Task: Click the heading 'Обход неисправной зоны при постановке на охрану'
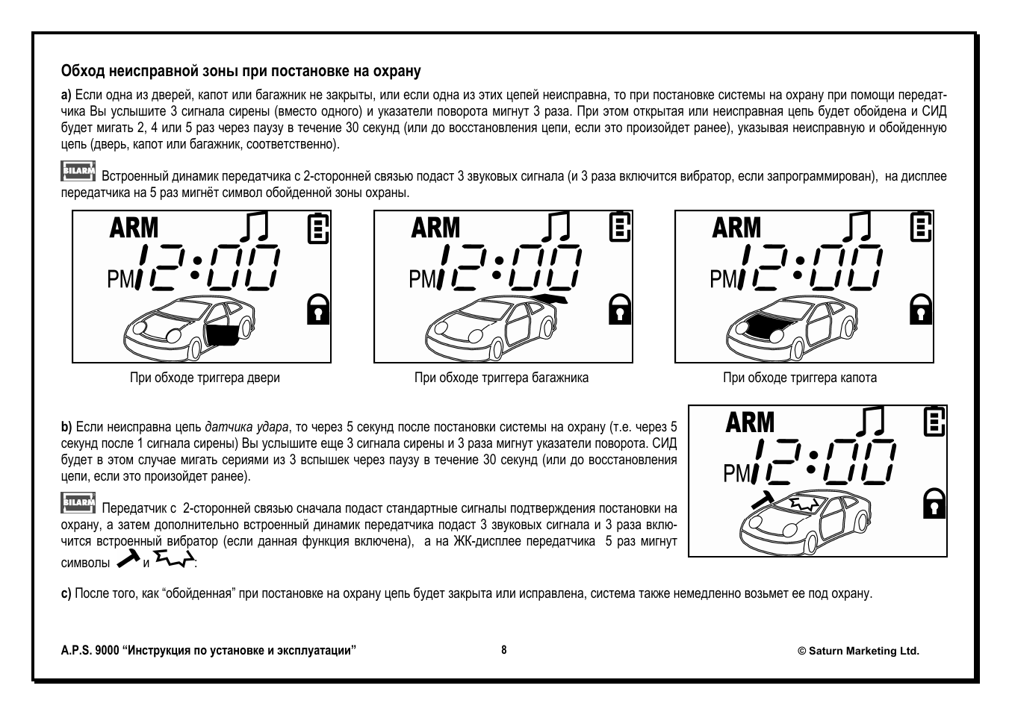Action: (x=240, y=72)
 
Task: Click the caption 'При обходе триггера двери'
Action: (x=205, y=378)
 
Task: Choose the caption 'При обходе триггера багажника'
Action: (x=501, y=378)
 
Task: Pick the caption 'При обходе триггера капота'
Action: (x=799, y=378)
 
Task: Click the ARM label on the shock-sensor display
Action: (x=750, y=422)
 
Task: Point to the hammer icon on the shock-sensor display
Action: (x=761, y=499)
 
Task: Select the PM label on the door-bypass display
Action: (x=120, y=279)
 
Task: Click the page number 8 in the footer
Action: (x=504, y=650)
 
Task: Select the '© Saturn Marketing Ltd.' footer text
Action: (x=858, y=651)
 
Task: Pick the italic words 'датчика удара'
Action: (x=246, y=428)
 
